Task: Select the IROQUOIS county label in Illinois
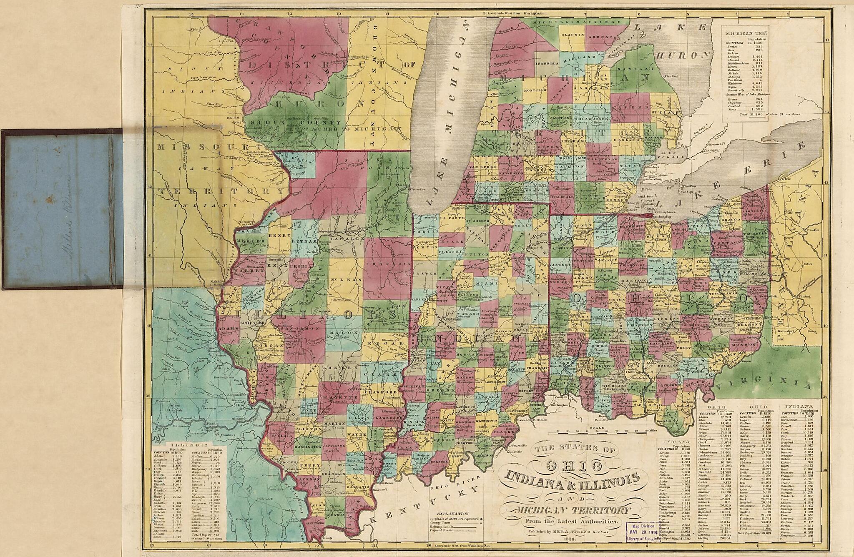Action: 388,264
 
